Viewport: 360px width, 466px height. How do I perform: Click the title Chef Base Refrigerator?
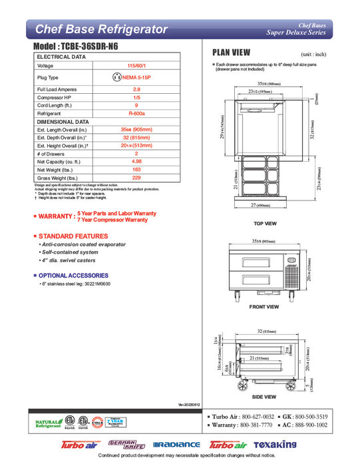(100, 29)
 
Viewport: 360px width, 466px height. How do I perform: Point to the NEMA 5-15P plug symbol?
(117, 77)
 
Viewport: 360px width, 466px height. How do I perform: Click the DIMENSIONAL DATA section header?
(63, 122)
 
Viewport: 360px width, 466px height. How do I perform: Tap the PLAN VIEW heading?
(231, 53)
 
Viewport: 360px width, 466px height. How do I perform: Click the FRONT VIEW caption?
(264, 307)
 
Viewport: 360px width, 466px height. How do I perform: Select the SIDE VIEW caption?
(264, 397)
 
